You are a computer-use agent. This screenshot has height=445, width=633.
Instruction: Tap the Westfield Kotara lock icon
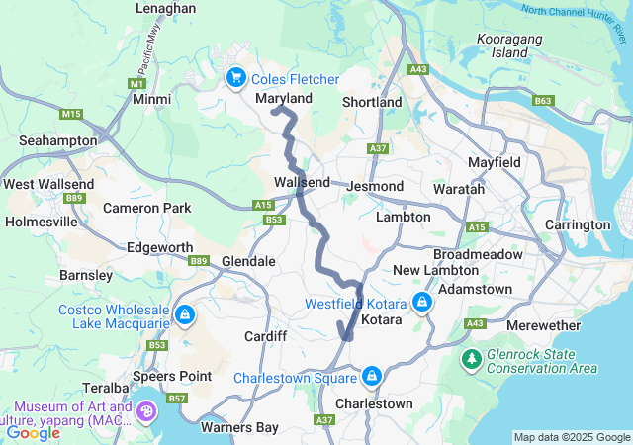(x=422, y=302)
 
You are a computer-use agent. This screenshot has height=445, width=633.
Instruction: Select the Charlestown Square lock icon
(x=372, y=377)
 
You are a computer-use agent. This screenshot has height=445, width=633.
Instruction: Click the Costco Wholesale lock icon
(x=184, y=315)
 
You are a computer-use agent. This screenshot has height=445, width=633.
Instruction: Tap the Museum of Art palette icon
(x=146, y=410)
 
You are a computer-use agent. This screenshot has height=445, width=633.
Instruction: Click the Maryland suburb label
(x=284, y=99)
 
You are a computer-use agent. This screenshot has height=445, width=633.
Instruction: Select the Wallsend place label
(x=303, y=183)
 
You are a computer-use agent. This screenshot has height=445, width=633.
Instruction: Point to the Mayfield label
(x=494, y=160)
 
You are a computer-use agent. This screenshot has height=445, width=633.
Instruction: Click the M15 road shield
(x=70, y=115)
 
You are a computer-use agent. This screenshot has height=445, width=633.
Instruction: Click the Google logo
(x=34, y=432)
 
